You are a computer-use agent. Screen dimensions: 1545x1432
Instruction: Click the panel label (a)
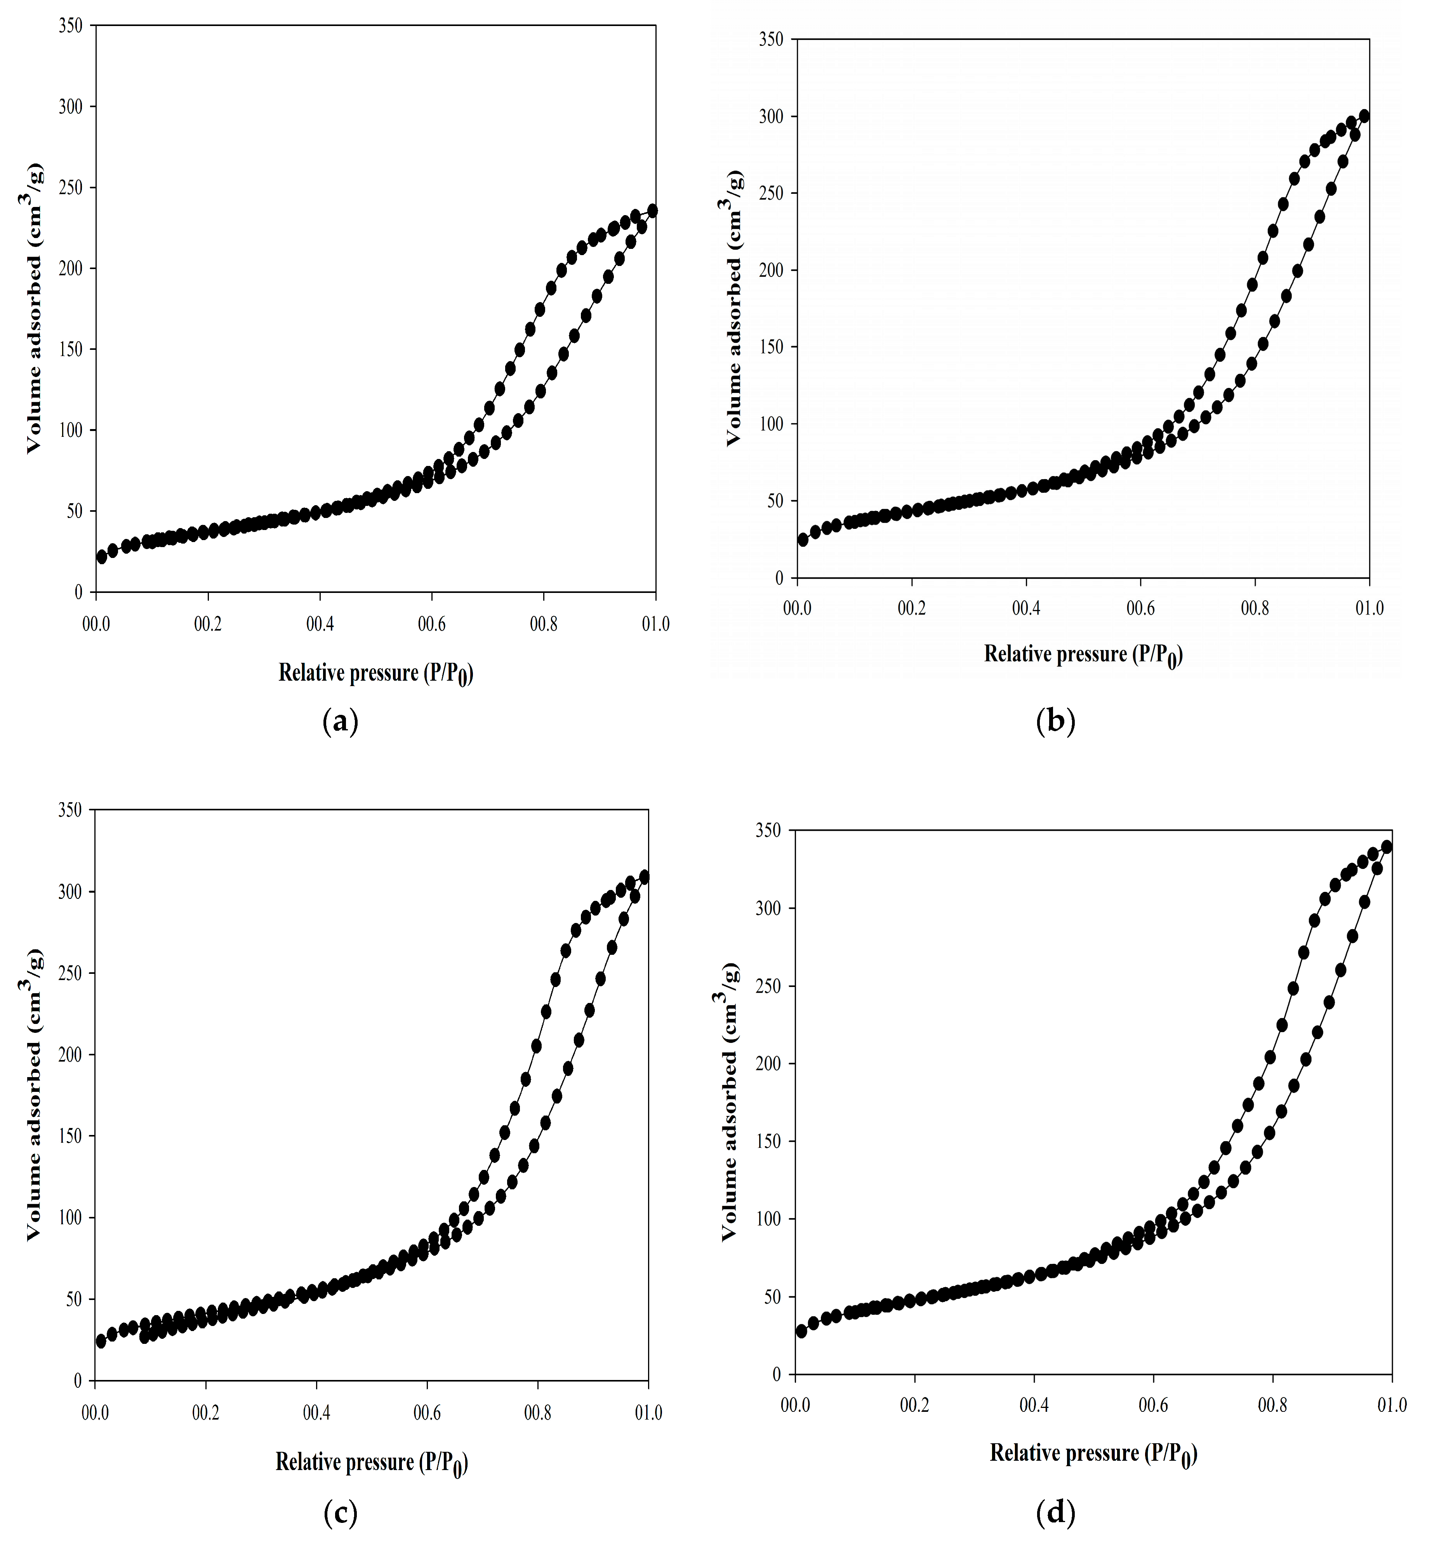coord(340,722)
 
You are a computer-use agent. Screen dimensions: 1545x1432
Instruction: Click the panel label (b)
coord(1055,722)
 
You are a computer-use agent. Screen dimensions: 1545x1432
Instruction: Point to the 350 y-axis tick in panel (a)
coord(71,26)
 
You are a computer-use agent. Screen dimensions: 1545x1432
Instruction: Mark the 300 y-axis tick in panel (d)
coord(770,908)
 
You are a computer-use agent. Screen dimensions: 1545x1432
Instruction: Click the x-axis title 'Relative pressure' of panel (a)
coord(376,673)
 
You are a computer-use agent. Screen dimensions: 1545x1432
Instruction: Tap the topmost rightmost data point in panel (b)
coord(1364,116)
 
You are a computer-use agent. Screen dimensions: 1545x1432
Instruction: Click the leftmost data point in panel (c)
coord(101,1341)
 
